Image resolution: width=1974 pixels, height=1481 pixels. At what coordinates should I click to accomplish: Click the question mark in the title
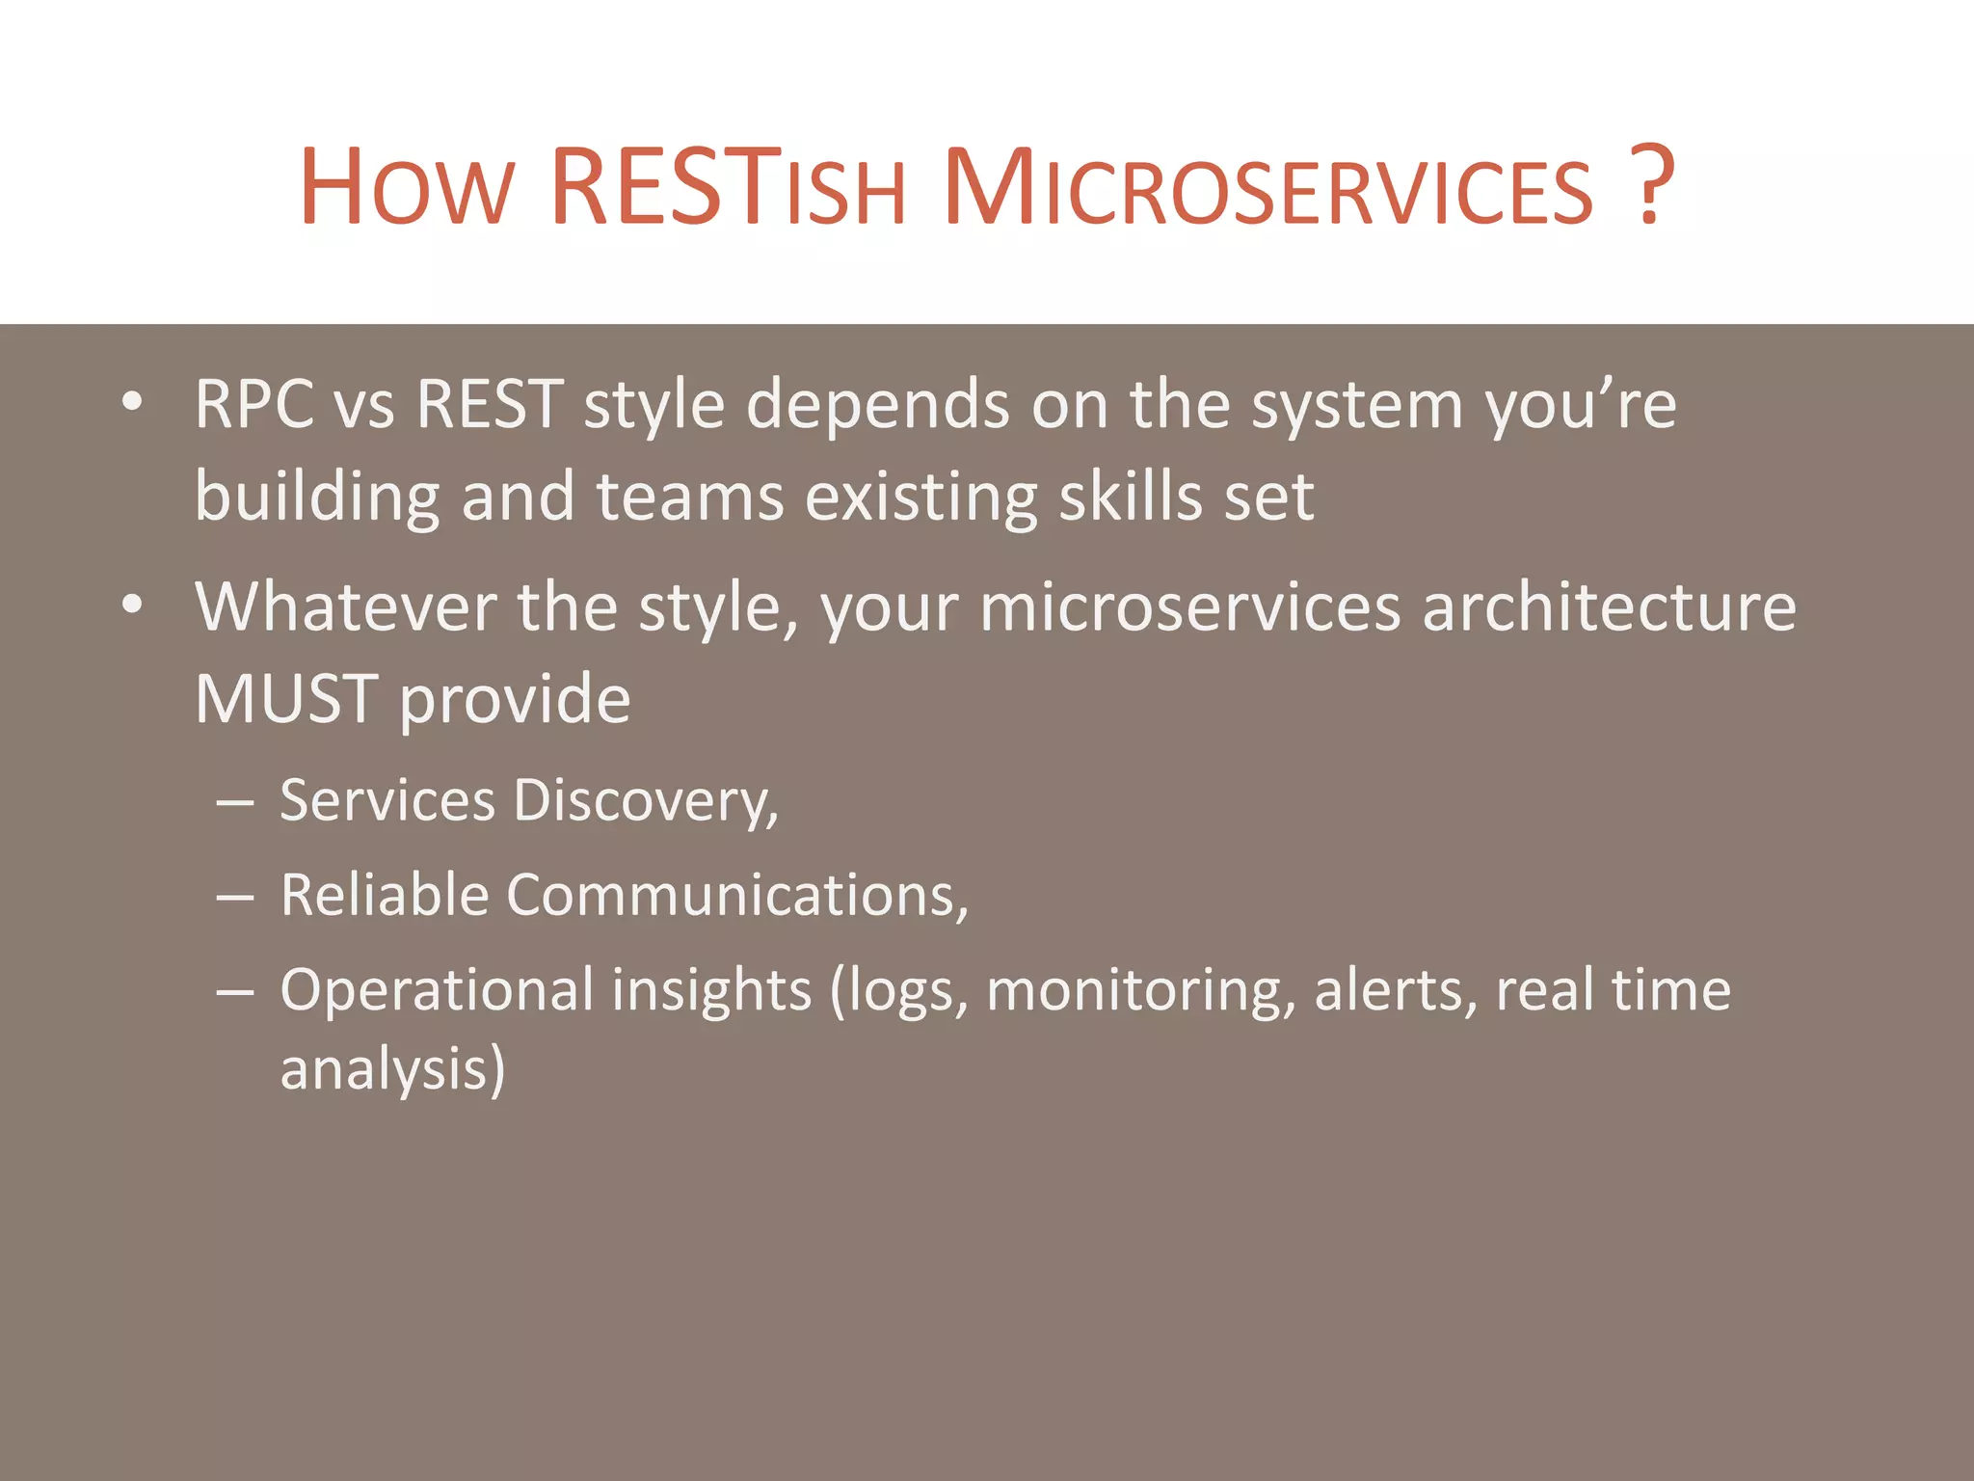[x=1652, y=185]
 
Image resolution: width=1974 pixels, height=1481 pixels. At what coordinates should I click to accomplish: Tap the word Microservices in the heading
[x=1268, y=187]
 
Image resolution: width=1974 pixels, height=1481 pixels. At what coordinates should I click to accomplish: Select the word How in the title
[x=406, y=187]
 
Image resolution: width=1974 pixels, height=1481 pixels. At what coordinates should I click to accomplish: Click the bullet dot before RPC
[x=133, y=401]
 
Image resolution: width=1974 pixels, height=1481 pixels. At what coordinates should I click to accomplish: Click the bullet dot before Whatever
[x=133, y=605]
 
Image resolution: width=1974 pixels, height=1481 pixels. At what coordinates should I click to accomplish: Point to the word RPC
[x=253, y=403]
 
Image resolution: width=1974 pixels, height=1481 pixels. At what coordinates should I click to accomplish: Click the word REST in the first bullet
[x=490, y=403]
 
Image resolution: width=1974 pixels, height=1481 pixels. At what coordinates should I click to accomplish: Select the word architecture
[x=1609, y=607]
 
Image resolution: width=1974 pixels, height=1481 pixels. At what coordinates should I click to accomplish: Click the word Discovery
[x=645, y=800]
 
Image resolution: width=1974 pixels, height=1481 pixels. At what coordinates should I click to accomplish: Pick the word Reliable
[x=385, y=895]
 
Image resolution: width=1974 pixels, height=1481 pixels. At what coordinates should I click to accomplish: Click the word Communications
[x=737, y=895]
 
